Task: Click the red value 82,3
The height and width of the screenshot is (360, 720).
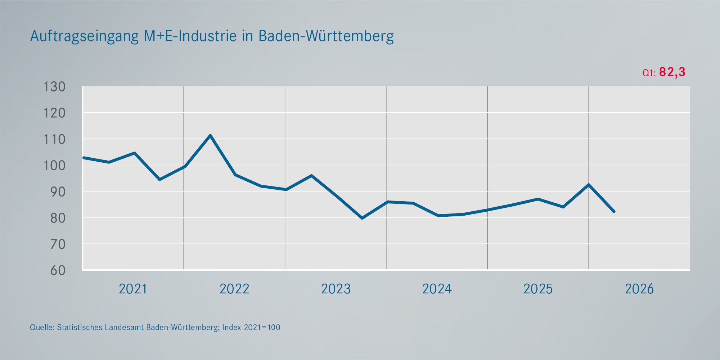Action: pyautogui.click(x=672, y=72)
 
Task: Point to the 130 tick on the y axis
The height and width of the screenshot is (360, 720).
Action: pyautogui.click(x=54, y=87)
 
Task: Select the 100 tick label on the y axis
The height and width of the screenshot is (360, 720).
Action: pyautogui.click(x=54, y=166)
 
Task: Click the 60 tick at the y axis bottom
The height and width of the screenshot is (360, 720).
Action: pyautogui.click(x=58, y=270)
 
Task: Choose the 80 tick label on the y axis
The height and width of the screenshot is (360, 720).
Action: pyautogui.click(x=58, y=218)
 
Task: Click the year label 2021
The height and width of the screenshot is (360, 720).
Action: pyautogui.click(x=133, y=289)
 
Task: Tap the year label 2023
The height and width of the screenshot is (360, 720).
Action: pyautogui.click(x=336, y=289)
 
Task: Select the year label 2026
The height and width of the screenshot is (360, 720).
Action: pyautogui.click(x=639, y=289)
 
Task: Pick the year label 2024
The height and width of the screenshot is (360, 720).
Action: pyautogui.click(x=437, y=289)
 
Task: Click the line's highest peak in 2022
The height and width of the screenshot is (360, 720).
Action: pyautogui.click(x=210, y=135)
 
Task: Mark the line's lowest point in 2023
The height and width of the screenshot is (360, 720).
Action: pyautogui.click(x=362, y=218)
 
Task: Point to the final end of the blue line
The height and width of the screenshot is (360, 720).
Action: pyautogui.click(x=614, y=211)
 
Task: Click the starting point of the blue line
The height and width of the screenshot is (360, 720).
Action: pyautogui.click(x=84, y=158)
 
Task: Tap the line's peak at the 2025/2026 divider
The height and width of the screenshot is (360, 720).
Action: pyautogui.click(x=588, y=185)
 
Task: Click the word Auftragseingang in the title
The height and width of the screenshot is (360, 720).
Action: pyautogui.click(x=84, y=36)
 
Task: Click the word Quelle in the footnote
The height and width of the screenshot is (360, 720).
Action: pyautogui.click(x=41, y=327)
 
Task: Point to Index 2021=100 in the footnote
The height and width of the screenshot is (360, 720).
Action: pyautogui.click(x=251, y=327)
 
